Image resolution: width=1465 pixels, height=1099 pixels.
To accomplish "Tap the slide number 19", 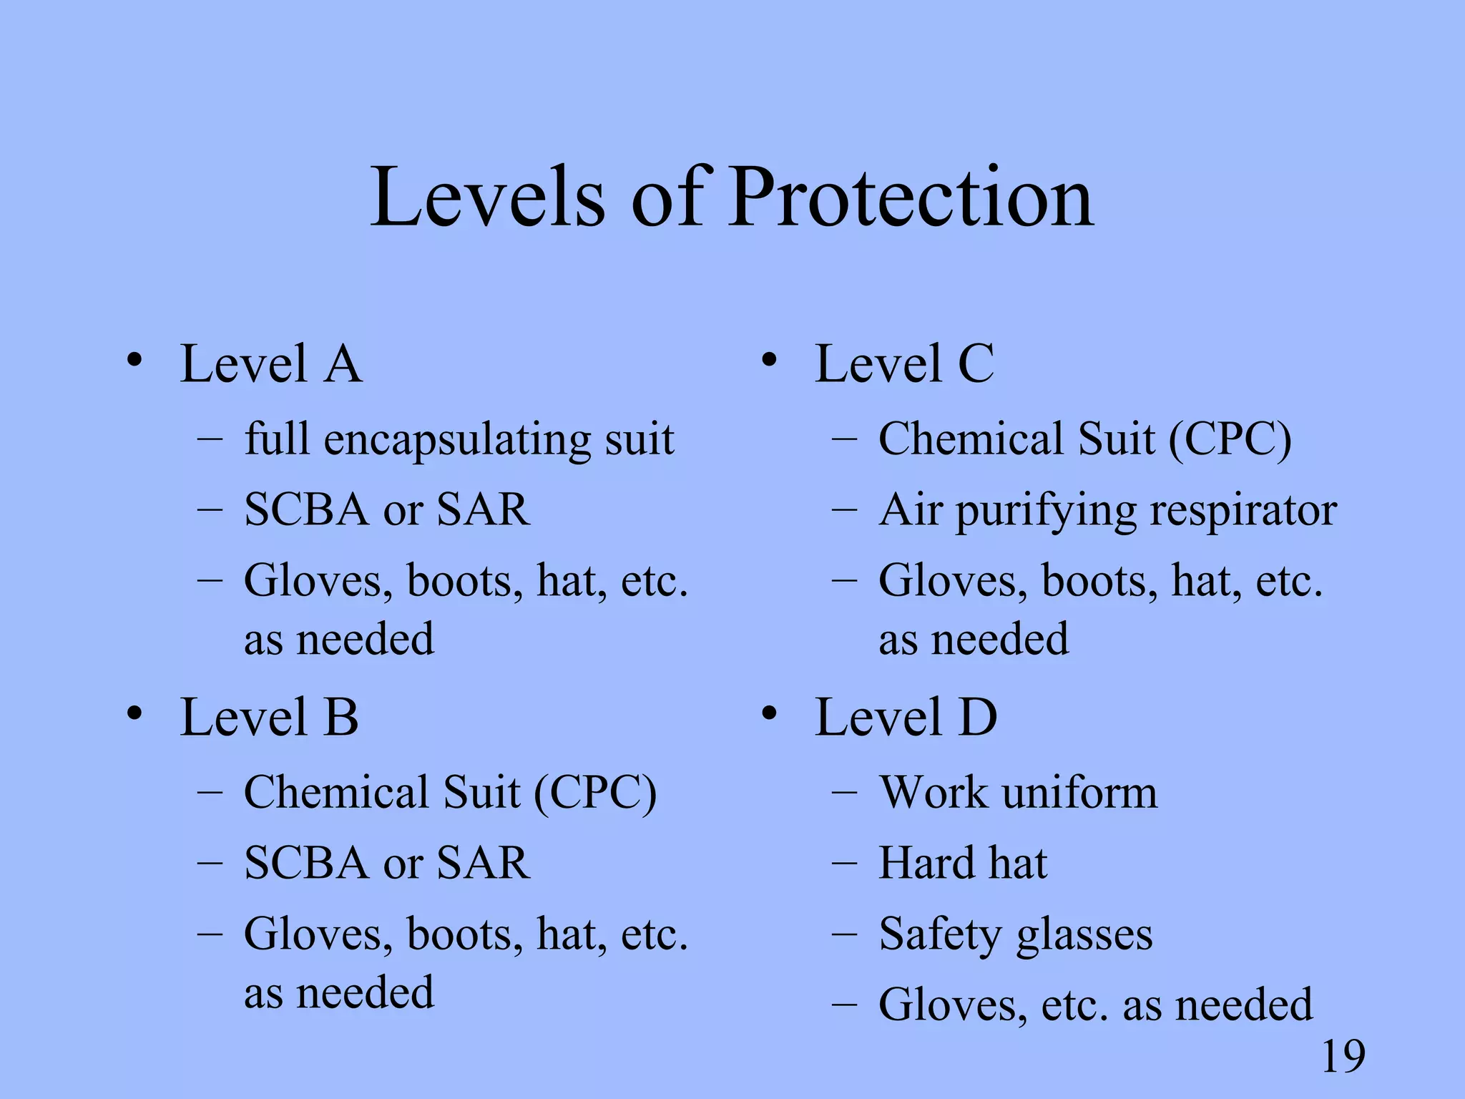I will pyautogui.click(x=1343, y=1056).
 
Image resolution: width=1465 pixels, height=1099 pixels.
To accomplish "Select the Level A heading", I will pyautogui.click(x=271, y=363).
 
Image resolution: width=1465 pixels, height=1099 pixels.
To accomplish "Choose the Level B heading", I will pyautogui.click(x=269, y=717).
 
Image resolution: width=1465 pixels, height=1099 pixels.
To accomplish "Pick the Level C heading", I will pyautogui.click(x=904, y=363).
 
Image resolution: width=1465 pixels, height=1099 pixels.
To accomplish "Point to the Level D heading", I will pyautogui.click(x=906, y=717).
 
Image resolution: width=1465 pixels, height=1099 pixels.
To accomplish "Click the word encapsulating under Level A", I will pyautogui.click(x=457, y=439).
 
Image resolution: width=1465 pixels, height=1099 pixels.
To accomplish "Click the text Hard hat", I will pyautogui.click(x=963, y=863).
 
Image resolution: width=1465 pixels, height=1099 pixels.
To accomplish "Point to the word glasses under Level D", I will pyautogui.click(x=1084, y=934).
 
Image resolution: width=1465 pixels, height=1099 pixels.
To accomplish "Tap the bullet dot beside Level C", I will pyautogui.click(x=769, y=360).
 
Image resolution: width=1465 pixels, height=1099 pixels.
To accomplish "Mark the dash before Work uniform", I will pyautogui.click(x=844, y=793).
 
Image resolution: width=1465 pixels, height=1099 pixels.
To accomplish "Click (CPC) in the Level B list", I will pyautogui.click(x=594, y=793).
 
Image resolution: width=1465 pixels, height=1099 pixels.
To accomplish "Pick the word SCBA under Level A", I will pyautogui.click(x=305, y=510).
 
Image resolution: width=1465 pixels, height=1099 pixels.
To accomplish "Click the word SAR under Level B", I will pyautogui.click(x=483, y=863).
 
